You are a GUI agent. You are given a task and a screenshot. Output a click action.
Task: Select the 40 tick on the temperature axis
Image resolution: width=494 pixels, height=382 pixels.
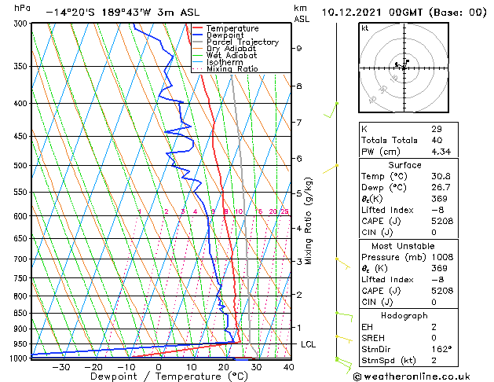(x=289, y=366)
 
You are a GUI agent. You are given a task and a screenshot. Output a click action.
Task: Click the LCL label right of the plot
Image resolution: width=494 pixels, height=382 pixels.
(x=309, y=344)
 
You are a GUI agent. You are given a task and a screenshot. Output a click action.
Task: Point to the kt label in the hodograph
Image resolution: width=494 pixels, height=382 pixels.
(x=364, y=28)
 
